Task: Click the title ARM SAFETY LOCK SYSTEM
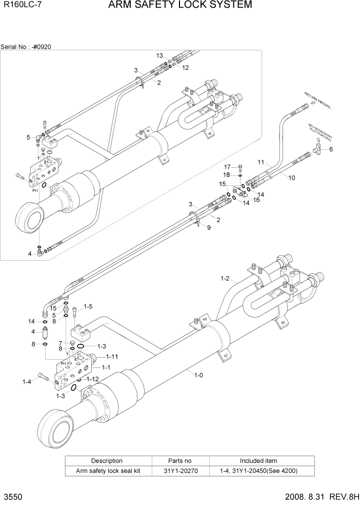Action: click(180, 6)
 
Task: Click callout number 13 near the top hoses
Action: click(159, 55)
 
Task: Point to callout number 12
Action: click(185, 68)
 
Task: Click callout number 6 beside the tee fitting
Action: click(331, 149)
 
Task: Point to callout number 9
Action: click(208, 227)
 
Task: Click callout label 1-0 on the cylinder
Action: click(199, 375)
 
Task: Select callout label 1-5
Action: click(88, 307)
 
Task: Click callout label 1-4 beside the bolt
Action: click(27, 381)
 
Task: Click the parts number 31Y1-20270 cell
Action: click(180, 471)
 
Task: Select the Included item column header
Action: click(258, 461)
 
